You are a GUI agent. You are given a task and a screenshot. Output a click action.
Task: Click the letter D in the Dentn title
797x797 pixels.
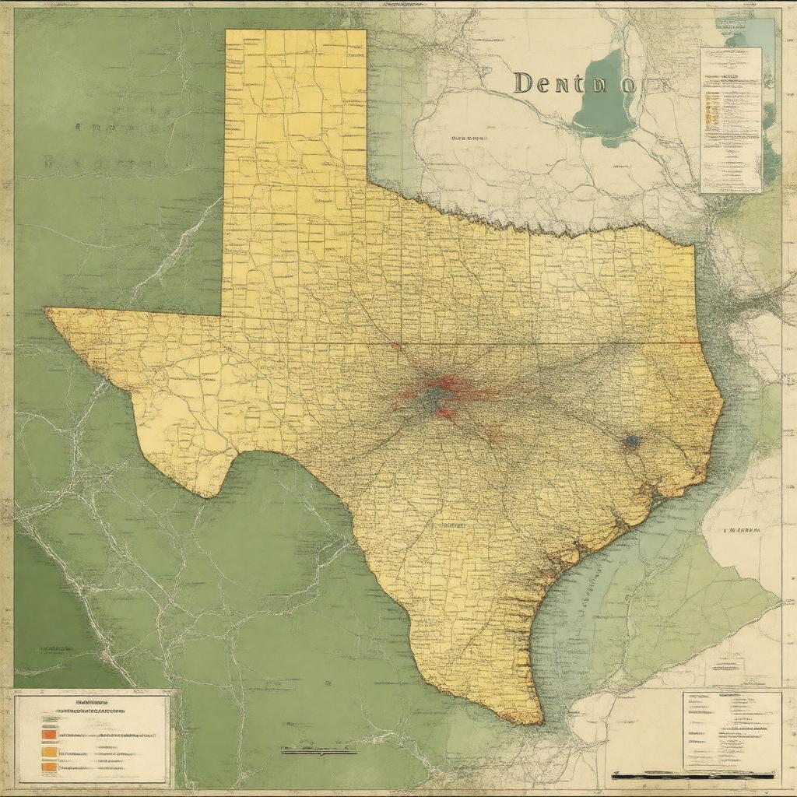pos(524,83)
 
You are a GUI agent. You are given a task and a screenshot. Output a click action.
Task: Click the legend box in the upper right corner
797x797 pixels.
pos(731,120)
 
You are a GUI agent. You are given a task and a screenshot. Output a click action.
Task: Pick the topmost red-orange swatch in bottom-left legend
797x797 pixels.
pos(50,733)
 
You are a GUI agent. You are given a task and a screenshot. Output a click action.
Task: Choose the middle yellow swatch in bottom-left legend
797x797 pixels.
pos(50,752)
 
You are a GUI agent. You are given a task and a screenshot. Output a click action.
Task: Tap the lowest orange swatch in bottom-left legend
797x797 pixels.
pos(50,767)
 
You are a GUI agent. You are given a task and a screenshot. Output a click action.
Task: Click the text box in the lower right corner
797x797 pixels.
pos(732,729)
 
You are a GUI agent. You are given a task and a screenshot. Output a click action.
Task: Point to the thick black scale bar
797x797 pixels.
pos(693,775)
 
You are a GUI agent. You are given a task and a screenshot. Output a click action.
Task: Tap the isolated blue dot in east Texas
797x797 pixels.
pos(631,441)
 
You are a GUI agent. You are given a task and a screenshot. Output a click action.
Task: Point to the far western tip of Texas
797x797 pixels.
pos(46,310)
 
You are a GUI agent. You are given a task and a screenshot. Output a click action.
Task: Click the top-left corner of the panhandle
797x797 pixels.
pos(226,30)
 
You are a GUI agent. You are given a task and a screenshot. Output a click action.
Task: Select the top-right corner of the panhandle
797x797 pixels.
pos(366,30)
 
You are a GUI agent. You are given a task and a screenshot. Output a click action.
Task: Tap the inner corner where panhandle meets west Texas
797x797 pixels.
pos(222,315)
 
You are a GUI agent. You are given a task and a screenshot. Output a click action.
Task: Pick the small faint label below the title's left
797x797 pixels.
pos(469,138)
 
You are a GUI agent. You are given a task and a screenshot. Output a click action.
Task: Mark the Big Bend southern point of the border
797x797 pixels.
pos(207,496)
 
